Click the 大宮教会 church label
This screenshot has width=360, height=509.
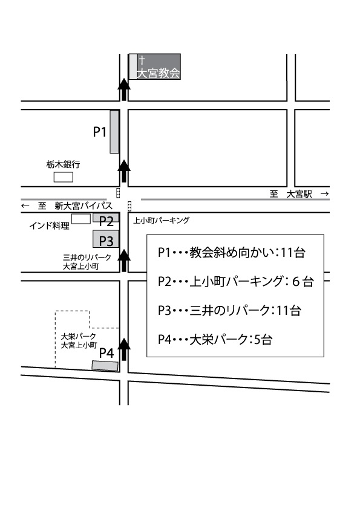[x=159, y=73]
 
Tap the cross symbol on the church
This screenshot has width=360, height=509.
[x=142, y=60]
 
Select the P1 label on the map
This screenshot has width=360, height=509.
[x=100, y=132]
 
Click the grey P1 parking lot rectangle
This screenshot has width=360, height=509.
[x=114, y=131]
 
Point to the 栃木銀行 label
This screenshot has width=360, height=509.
[x=63, y=164]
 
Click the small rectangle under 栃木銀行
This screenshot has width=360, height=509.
[x=64, y=177]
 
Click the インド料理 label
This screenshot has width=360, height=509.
[x=50, y=225]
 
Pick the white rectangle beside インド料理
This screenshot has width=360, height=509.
[x=81, y=219]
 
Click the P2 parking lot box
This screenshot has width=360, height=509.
[x=106, y=218]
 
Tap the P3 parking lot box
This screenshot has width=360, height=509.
[x=106, y=239]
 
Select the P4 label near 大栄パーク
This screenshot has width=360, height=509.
[x=106, y=353]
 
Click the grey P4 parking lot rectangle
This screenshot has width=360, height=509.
[x=105, y=366]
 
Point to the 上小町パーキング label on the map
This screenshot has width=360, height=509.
[x=161, y=221]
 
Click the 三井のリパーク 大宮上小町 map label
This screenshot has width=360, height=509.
[x=87, y=262]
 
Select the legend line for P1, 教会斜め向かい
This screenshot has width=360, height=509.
[x=231, y=253]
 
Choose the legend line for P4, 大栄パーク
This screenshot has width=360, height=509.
[x=215, y=340]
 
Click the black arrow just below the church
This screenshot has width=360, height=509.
[x=124, y=89]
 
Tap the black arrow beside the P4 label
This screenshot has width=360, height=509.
[x=124, y=349]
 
